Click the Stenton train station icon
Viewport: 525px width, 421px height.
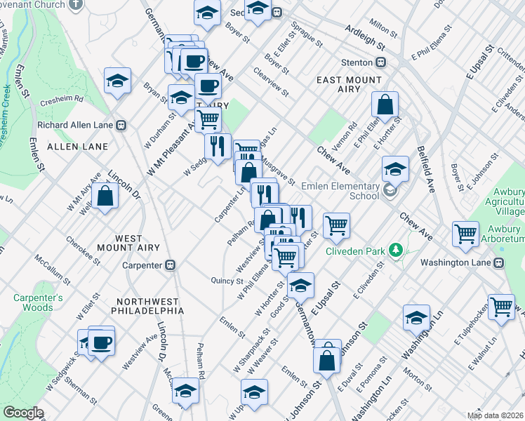(x=380, y=62)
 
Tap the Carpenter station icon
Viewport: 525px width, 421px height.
(x=169, y=265)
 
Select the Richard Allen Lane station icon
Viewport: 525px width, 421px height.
(x=121, y=125)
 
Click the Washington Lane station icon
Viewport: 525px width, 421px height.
(x=499, y=262)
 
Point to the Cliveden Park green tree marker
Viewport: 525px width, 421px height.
(x=396, y=250)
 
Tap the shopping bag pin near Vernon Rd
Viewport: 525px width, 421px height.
(x=385, y=105)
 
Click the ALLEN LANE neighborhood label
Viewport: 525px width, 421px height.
(x=77, y=147)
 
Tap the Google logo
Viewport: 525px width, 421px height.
(x=23, y=412)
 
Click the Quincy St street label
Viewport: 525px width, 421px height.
(x=227, y=281)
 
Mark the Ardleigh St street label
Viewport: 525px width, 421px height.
(x=366, y=37)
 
